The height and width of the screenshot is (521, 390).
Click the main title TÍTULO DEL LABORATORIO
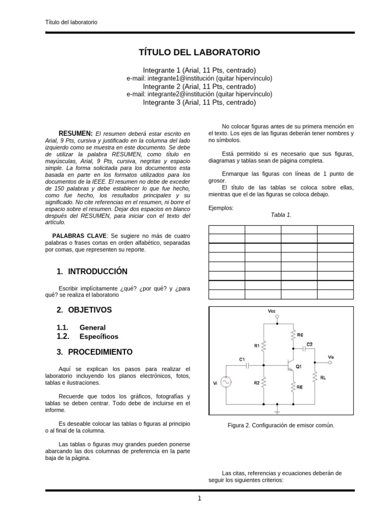point(199,52)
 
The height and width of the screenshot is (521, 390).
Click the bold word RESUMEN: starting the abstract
point(75,133)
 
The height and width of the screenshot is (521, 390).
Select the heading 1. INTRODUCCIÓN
point(92,271)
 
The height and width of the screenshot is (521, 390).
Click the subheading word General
point(92,328)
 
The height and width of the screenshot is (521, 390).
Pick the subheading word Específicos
point(99,336)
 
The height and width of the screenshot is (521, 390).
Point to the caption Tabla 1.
point(281,215)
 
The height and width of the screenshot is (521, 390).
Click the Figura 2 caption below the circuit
point(281,425)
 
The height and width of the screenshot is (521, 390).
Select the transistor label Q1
point(299,366)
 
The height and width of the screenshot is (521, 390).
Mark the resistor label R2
point(257,383)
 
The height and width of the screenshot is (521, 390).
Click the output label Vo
point(331,357)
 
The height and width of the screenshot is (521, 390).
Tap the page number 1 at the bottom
point(200,499)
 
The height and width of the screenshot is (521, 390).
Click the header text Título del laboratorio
point(72,22)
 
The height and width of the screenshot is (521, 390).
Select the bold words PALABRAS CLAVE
point(79,236)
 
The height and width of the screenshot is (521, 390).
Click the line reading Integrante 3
point(199,102)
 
